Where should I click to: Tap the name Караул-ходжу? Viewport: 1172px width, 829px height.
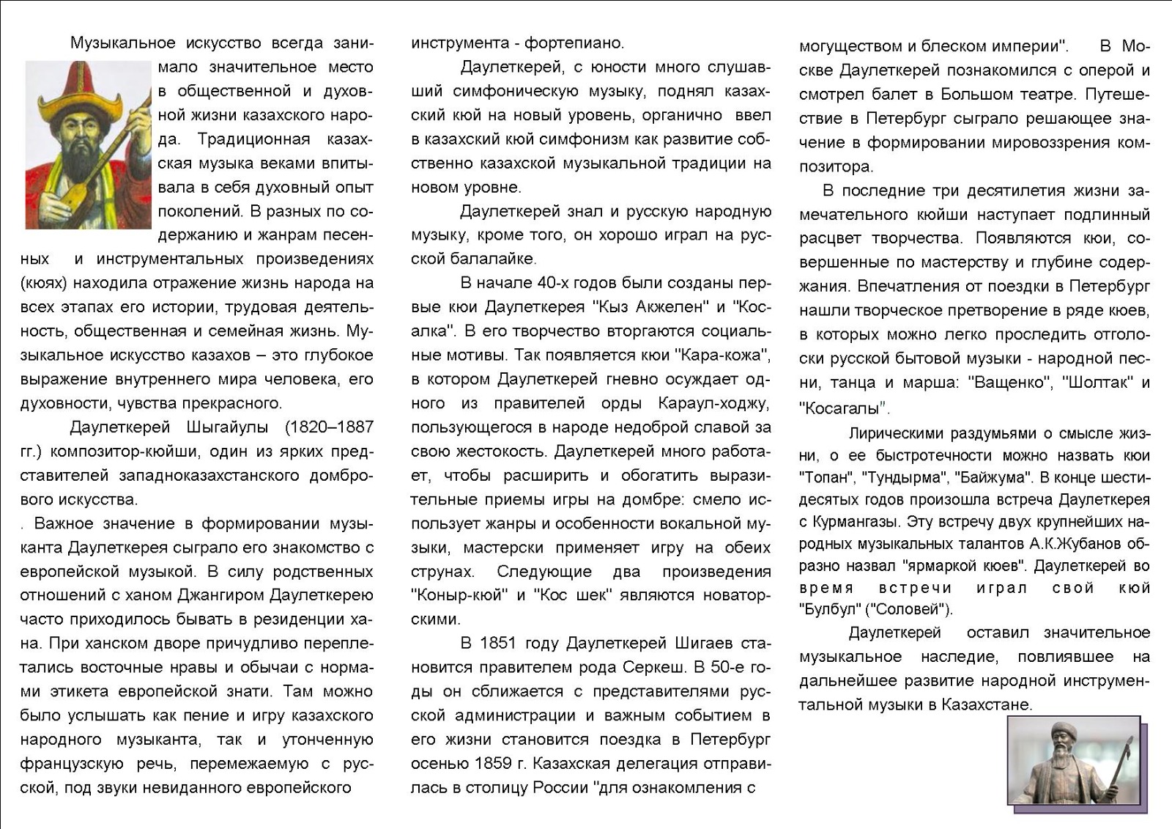713,403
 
